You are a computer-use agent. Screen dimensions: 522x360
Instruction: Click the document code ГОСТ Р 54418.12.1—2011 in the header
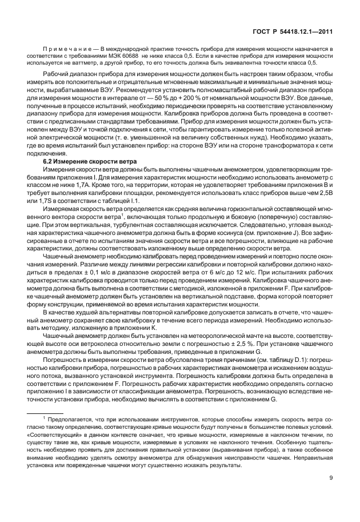click(x=292, y=34)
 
